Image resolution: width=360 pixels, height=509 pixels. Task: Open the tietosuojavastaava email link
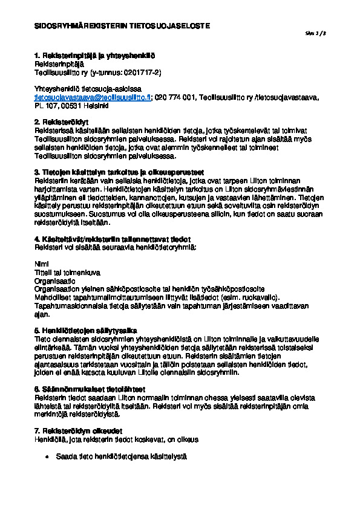click(x=93, y=97)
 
